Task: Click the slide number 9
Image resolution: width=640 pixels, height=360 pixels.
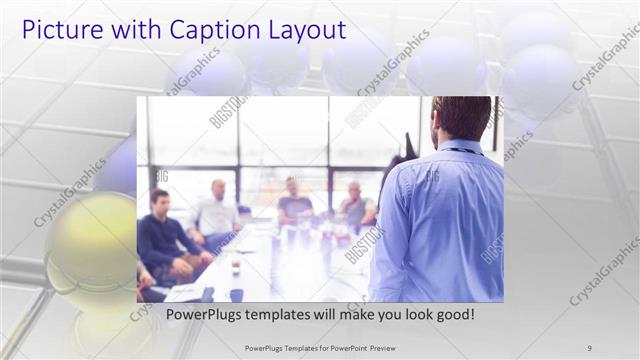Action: pyautogui.click(x=589, y=347)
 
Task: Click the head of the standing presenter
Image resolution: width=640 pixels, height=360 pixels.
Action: pyautogui.click(x=461, y=118)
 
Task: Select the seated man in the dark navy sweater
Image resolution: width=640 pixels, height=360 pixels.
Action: pyautogui.click(x=163, y=240)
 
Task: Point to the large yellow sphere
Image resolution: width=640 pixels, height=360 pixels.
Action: pyautogui.click(x=90, y=250)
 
